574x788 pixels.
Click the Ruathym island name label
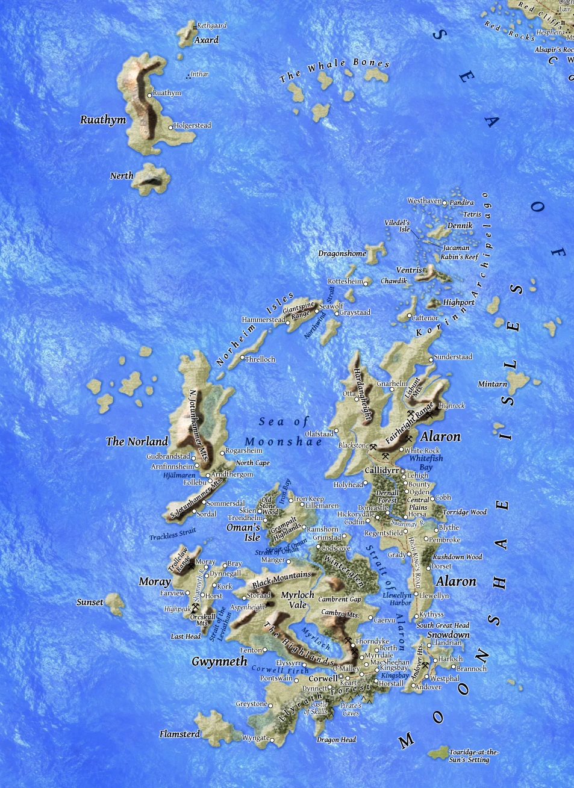point(103,120)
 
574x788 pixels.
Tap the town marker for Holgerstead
point(171,126)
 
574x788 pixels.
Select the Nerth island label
point(121,176)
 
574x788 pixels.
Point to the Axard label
point(206,40)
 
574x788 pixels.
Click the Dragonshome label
point(342,253)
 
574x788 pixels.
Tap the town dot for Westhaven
point(445,202)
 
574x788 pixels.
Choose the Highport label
point(458,302)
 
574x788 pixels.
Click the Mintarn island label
point(492,384)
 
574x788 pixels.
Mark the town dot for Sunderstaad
point(431,358)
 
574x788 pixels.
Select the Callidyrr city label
point(382,470)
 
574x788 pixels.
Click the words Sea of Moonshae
point(283,432)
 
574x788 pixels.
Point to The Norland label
point(137,441)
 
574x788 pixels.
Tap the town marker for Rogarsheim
point(222,451)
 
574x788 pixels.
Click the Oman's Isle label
point(243,532)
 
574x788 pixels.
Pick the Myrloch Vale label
point(298,600)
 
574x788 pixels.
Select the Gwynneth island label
point(219,662)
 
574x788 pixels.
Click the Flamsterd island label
point(179,734)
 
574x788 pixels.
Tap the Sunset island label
point(90,602)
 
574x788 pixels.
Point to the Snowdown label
point(448,634)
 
